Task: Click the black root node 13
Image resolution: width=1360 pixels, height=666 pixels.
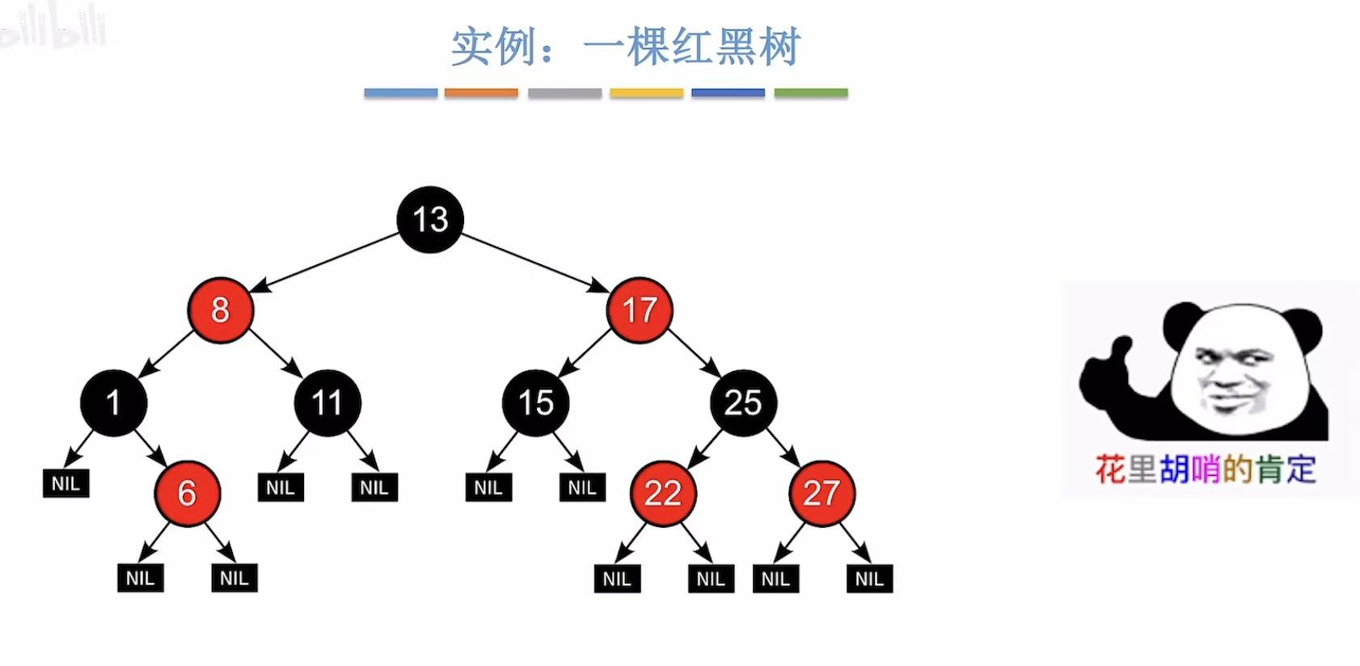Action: pyautogui.click(x=430, y=219)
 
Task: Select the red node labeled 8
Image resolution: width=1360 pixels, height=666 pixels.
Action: pyautogui.click(x=220, y=310)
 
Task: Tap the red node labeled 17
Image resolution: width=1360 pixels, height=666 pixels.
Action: pyautogui.click(x=640, y=310)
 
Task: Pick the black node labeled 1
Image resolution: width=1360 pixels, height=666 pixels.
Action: pyautogui.click(x=113, y=403)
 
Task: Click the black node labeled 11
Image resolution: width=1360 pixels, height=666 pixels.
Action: pyautogui.click(x=327, y=403)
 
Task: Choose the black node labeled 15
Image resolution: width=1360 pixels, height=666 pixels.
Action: pyautogui.click(x=535, y=403)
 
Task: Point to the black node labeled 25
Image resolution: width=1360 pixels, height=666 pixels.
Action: pyautogui.click(x=743, y=403)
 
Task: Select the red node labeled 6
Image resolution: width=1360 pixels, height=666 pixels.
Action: pyautogui.click(x=187, y=493)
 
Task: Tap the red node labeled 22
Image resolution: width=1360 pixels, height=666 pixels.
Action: pyautogui.click(x=663, y=493)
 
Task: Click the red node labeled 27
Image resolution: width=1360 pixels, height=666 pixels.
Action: pyautogui.click(x=821, y=493)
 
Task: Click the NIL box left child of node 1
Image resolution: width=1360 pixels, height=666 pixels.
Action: pyautogui.click(x=65, y=483)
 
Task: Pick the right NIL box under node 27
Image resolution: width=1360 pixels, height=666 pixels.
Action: pyautogui.click(x=869, y=579)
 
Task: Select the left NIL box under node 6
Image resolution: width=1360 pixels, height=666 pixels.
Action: pyautogui.click(x=140, y=578)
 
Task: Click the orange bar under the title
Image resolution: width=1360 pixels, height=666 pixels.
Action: pyautogui.click(x=481, y=93)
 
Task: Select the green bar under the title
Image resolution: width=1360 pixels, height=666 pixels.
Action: pyautogui.click(x=811, y=93)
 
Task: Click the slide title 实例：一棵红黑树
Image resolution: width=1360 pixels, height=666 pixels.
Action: pyautogui.click(x=625, y=47)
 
